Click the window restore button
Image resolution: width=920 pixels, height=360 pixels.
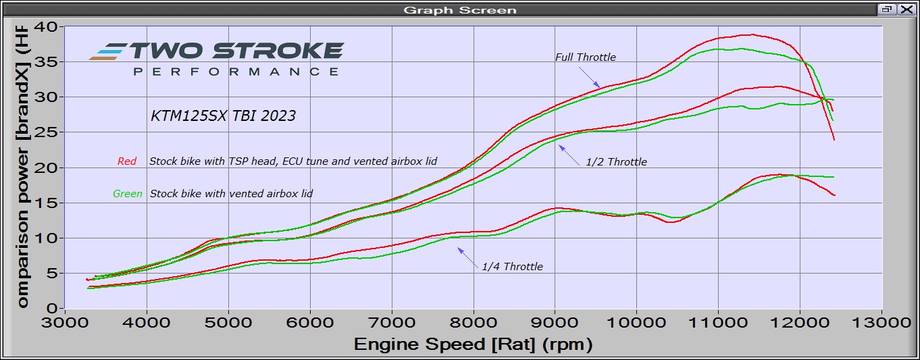click(x=887, y=9)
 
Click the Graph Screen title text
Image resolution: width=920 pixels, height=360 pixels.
click(x=459, y=9)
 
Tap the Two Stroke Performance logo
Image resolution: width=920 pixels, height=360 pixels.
click(x=216, y=58)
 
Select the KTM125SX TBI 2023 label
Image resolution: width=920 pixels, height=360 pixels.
click(x=223, y=115)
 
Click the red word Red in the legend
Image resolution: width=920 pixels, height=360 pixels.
click(x=127, y=161)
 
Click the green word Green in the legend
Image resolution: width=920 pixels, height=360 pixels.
click(x=128, y=194)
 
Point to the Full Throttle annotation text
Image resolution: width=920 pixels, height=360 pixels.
click(x=585, y=57)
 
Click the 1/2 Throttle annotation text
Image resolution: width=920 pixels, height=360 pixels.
click(x=616, y=162)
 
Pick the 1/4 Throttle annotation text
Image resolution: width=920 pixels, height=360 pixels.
click(x=512, y=267)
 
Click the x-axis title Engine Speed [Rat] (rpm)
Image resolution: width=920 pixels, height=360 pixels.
click(x=473, y=345)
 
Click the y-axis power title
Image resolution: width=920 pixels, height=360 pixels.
click(x=22, y=165)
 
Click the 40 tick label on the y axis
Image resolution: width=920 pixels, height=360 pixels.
click(x=51, y=27)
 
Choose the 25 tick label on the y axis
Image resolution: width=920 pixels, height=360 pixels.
click(x=51, y=132)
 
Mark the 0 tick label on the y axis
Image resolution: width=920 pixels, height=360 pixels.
click(x=56, y=308)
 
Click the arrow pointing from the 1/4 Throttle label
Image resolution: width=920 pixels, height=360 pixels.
click(x=468, y=256)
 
